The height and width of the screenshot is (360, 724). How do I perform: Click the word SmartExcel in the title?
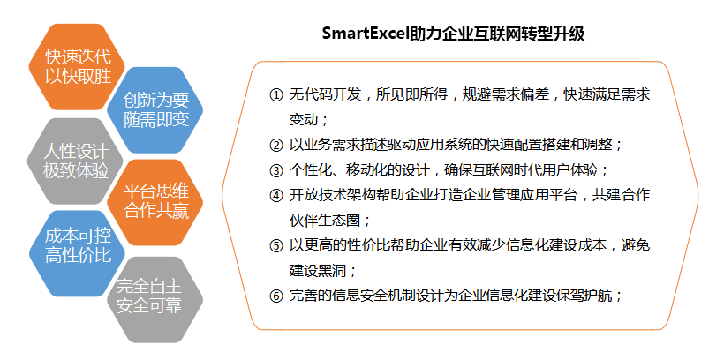coord(366,34)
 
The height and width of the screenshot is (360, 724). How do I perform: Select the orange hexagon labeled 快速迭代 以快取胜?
coord(77,67)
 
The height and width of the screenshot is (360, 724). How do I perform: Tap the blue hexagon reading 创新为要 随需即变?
coord(155,109)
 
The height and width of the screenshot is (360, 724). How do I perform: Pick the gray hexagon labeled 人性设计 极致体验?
coord(76,161)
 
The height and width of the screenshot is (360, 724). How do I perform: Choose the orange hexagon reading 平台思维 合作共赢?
coord(155,203)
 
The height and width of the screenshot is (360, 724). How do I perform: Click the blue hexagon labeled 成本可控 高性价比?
coord(77,253)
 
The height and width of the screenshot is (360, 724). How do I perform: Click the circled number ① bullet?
coord(275,95)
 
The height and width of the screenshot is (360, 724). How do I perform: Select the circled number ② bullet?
coord(275,146)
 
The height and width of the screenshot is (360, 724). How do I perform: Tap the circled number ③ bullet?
coord(275,171)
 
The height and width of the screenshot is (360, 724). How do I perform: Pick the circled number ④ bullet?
coord(275,196)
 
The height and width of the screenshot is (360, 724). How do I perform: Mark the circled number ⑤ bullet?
coord(275,245)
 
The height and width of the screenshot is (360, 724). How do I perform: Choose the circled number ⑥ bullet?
coord(275,296)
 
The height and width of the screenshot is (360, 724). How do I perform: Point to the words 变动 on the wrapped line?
coord(304,120)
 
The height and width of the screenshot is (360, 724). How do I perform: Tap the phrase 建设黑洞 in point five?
coord(318,270)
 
